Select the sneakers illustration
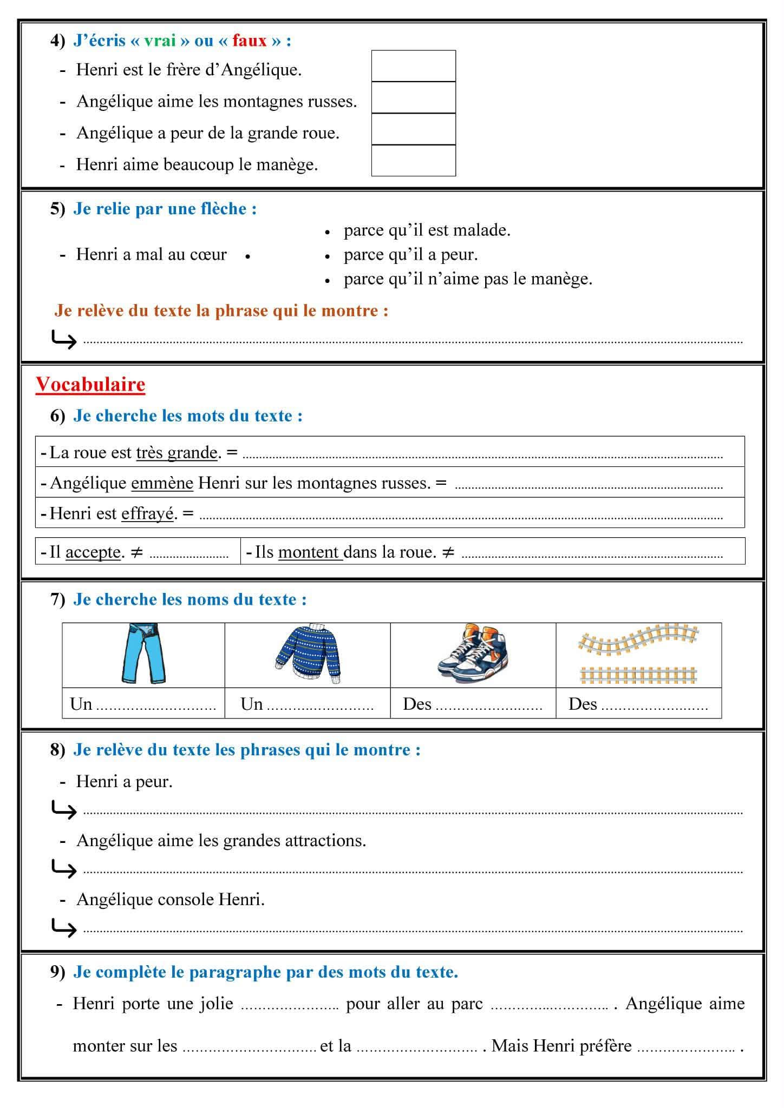[473, 655]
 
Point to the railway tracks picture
[638, 655]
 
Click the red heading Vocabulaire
[90, 385]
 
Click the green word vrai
[160, 41]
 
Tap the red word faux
[250, 41]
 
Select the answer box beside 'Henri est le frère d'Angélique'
[413, 67]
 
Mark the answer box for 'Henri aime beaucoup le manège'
[413, 161]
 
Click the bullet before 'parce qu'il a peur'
[327, 256]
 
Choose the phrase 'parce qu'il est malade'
[427, 230]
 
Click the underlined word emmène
[162, 483]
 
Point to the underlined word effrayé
[147, 513]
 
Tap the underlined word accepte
[93, 552]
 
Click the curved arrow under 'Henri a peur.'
[63, 810]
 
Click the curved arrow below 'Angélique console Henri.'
[63, 928]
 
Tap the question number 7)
[57, 599]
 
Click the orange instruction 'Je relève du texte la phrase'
[221, 311]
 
